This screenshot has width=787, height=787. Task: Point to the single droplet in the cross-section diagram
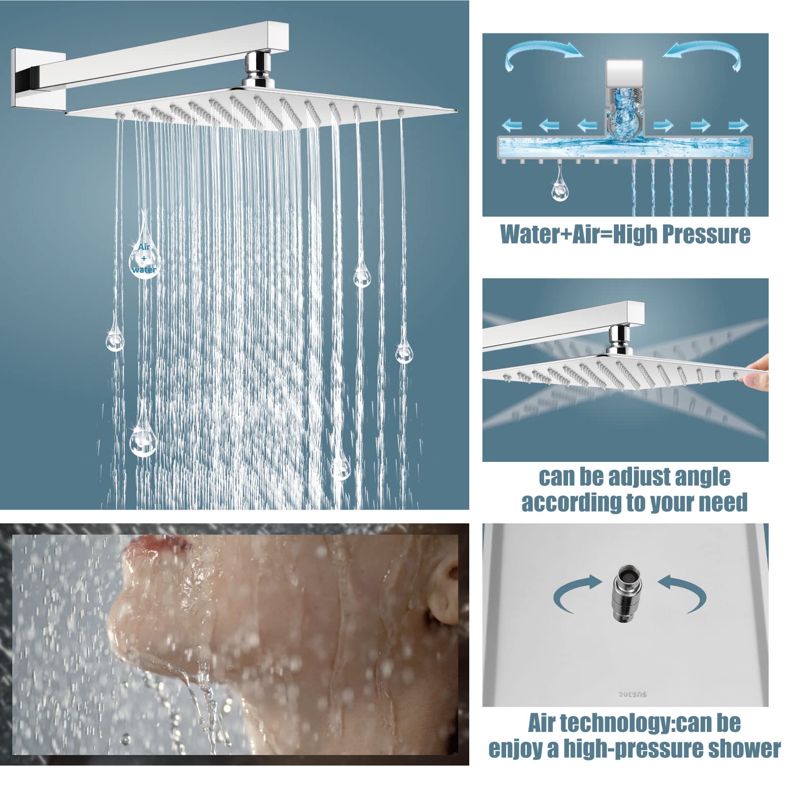(x=559, y=183)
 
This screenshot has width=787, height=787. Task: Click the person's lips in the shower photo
(x=156, y=545)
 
